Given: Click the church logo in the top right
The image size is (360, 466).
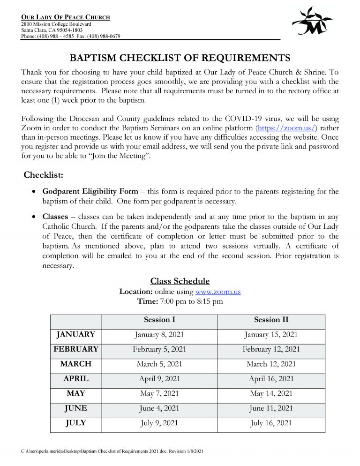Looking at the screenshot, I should [x=312, y=22].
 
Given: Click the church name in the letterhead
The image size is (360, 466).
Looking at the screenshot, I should [x=66, y=17].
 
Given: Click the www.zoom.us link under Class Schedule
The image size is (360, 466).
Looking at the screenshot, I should [x=217, y=291].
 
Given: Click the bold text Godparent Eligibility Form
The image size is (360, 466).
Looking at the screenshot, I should [x=90, y=191].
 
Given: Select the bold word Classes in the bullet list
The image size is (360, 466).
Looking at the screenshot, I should [x=55, y=217].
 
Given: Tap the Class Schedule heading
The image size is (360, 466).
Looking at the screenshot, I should [x=180, y=281].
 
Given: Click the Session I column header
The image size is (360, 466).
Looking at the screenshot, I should [x=159, y=320].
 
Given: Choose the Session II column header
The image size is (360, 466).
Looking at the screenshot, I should [x=271, y=320].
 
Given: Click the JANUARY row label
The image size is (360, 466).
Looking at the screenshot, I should [x=75, y=335].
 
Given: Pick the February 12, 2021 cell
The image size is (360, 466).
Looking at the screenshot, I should [x=271, y=349].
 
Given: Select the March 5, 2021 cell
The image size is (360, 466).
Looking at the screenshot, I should [x=159, y=364].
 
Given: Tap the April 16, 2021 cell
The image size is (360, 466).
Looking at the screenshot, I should [x=271, y=379].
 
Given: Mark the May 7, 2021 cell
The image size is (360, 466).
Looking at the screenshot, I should [x=159, y=393].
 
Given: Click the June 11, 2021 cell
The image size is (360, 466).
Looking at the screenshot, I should [x=271, y=408].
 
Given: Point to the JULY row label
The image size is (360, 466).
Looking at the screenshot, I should [x=75, y=423].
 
